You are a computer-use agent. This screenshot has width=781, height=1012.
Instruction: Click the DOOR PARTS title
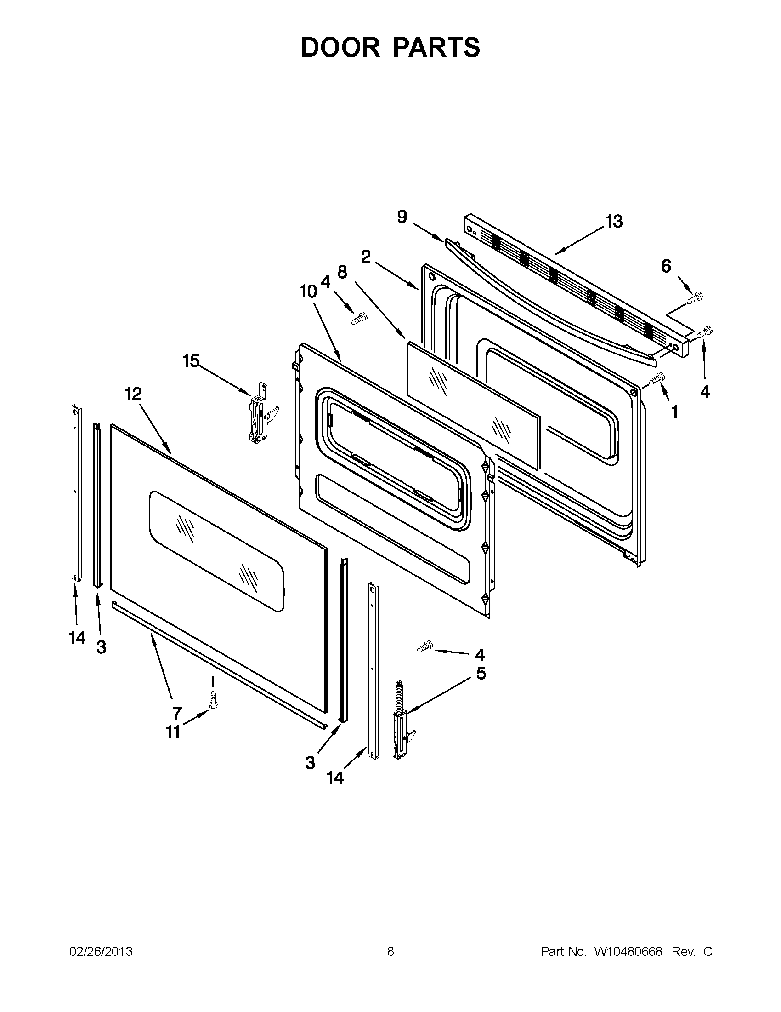pyautogui.click(x=390, y=47)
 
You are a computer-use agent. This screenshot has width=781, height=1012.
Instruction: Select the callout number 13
pyautogui.click(x=614, y=222)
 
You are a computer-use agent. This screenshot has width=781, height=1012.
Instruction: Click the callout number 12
pyautogui.click(x=133, y=394)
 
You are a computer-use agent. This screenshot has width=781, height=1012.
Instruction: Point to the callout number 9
pyautogui.click(x=402, y=217)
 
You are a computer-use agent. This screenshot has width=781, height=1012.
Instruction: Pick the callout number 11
pyautogui.click(x=173, y=732)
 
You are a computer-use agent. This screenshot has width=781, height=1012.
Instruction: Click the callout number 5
pyautogui.click(x=481, y=673)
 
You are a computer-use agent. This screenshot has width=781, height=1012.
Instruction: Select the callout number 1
pyautogui.click(x=674, y=412)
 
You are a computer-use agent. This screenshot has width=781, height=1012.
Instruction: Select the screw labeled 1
pyautogui.click(x=657, y=378)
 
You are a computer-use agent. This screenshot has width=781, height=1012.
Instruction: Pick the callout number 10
pyautogui.click(x=308, y=292)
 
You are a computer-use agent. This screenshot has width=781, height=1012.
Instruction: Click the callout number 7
pyautogui.click(x=177, y=712)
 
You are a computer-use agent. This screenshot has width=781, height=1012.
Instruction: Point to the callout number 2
pyautogui.click(x=366, y=256)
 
